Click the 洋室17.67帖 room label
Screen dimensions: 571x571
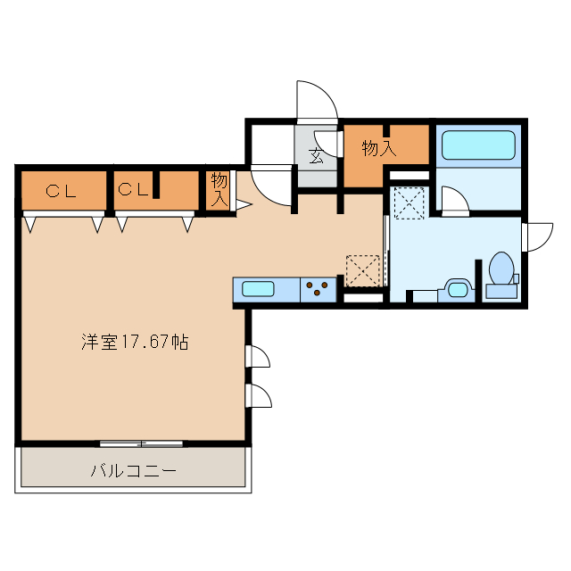tap(135, 341)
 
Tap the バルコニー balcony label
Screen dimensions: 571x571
tap(133, 470)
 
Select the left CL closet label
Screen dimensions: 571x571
tap(62, 189)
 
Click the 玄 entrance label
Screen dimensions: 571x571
tap(316, 157)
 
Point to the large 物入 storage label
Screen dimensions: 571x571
tap(378, 149)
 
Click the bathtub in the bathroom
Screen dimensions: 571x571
tap(479, 145)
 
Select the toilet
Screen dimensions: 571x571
tap(501, 271)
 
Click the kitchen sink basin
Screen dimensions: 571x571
tap(259, 289)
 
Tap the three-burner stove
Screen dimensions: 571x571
tap(318, 289)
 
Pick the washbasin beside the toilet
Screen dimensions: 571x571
tap(458, 288)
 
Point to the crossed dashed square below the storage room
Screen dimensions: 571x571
tap(410, 202)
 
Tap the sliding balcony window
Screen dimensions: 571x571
tap(141, 443)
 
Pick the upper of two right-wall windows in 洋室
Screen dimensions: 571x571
tap(258, 357)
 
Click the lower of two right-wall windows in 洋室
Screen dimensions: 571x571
tap(259, 395)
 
